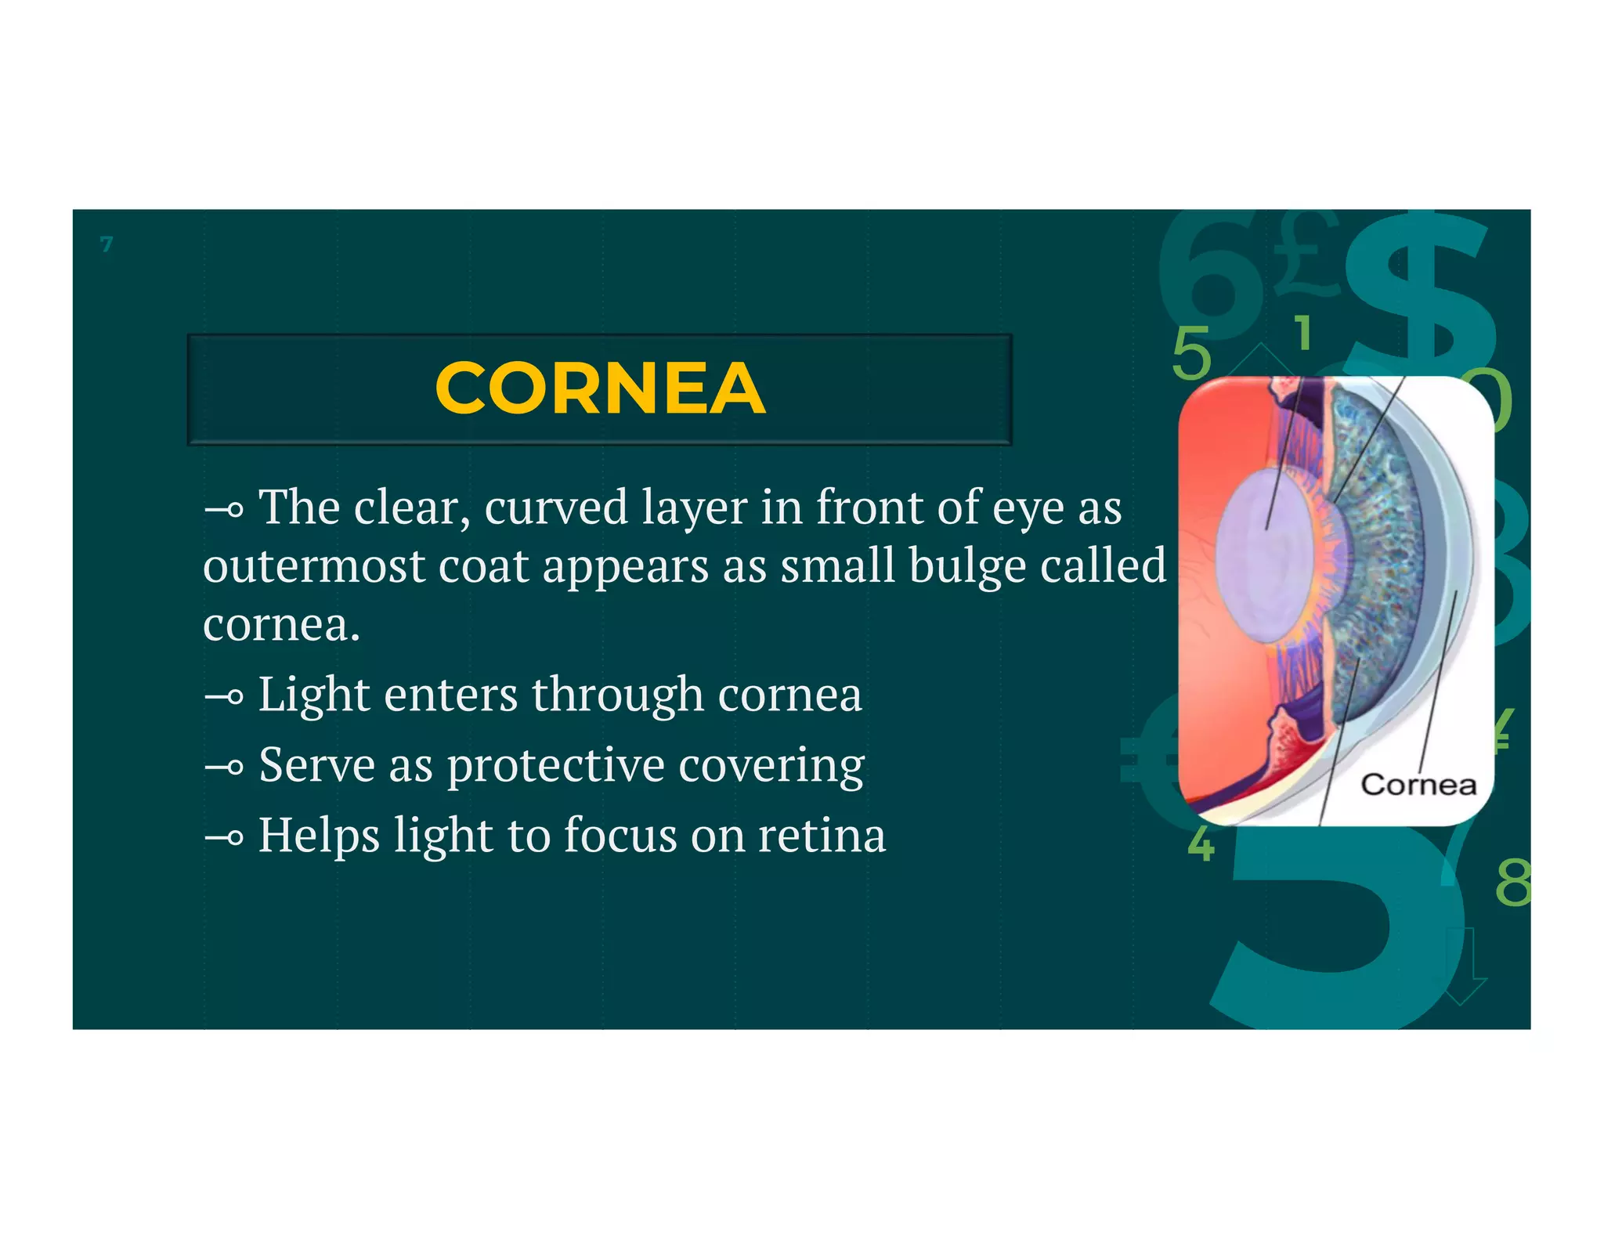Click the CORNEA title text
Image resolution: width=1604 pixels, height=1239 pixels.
599,388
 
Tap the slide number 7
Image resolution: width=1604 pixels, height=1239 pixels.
107,244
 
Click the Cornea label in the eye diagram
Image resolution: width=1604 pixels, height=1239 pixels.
1418,784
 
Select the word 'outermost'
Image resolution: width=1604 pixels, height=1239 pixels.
313,566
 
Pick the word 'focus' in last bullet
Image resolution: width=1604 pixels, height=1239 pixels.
620,835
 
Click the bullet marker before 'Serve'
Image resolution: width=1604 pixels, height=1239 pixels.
224,767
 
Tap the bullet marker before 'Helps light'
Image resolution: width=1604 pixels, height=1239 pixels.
224,837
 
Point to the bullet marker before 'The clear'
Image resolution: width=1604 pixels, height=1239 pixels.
224,511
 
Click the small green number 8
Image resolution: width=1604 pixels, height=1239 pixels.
1512,883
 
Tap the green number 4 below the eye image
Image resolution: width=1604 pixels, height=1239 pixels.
1201,844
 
